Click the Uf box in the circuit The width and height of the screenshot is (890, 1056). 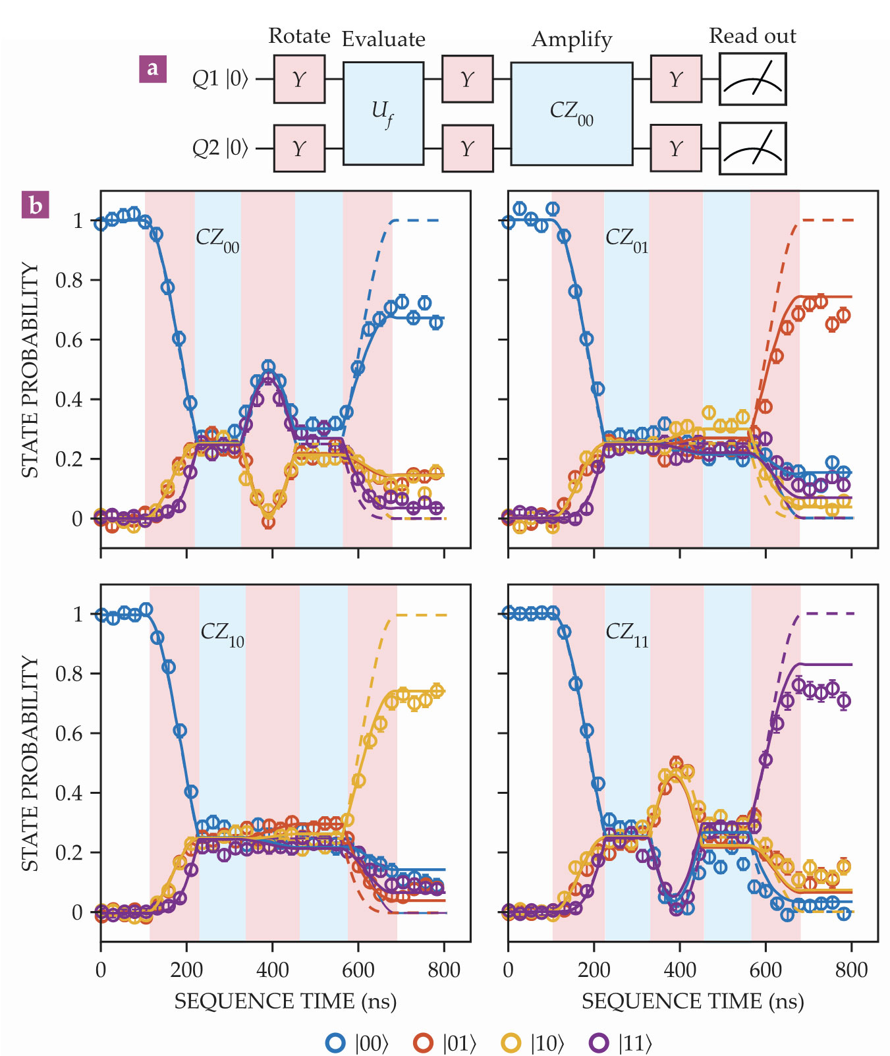pyautogui.click(x=383, y=113)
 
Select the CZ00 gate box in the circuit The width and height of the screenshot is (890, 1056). pyautogui.click(x=571, y=113)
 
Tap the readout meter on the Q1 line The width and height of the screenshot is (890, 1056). pyautogui.click(x=752, y=79)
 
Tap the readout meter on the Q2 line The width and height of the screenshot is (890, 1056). pyautogui.click(x=752, y=149)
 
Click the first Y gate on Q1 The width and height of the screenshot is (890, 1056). pyautogui.click(x=299, y=79)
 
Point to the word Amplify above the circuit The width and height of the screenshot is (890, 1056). pyautogui.click(x=572, y=40)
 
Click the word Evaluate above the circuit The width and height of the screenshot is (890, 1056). pyautogui.click(x=383, y=40)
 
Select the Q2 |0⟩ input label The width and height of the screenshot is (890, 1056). pyautogui.click(x=220, y=149)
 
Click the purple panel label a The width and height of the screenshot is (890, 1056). pyautogui.click(x=153, y=69)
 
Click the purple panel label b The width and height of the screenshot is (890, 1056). pyautogui.click(x=36, y=206)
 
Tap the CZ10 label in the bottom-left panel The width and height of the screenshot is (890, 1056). pyautogui.click(x=222, y=634)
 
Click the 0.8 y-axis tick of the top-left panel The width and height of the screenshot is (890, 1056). pyautogui.click(x=69, y=281)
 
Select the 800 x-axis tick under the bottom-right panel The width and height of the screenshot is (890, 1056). pyautogui.click(x=851, y=970)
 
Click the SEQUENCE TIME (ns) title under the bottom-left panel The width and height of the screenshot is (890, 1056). pyautogui.click(x=285, y=1002)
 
